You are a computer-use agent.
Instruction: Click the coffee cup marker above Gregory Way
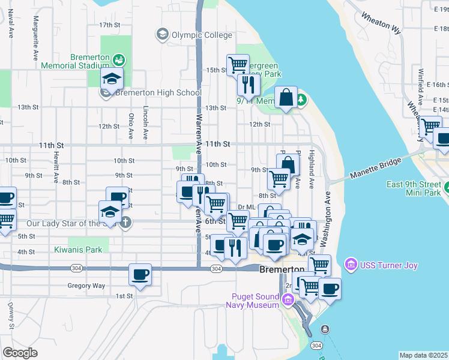tap(140, 274)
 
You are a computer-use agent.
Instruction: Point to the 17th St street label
tap(110, 25)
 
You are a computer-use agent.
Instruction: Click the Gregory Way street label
tap(86, 286)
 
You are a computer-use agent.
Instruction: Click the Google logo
tap(20, 352)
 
